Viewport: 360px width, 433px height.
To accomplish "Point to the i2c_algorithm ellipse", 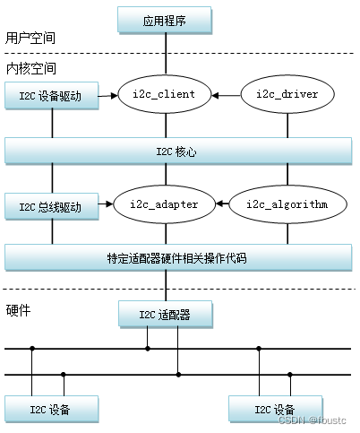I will click(x=287, y=204).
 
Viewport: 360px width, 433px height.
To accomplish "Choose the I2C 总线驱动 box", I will click(x=51, y=207).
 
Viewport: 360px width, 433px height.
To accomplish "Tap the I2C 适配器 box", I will click(x=166, y=314).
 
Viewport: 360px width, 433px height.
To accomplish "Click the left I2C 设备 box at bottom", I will click(x=51, y=410).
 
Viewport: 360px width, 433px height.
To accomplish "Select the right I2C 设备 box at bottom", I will click(x=274, y=410).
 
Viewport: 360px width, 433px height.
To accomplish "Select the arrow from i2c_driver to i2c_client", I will click(x=230, y=93).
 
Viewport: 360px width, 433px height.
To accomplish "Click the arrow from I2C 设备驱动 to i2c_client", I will click(x=108, y=93).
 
